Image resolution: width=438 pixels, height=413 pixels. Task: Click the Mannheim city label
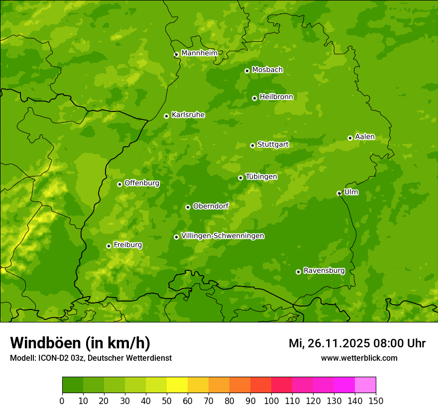pos(199,53)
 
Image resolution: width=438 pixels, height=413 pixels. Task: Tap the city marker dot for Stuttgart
pos(252,145)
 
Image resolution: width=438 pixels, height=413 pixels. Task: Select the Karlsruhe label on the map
pos(188,114)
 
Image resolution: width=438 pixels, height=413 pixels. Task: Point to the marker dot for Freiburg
pos(109,246)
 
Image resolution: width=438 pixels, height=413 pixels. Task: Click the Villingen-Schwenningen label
pos(222,235)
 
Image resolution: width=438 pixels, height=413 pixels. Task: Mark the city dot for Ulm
pos(339,193)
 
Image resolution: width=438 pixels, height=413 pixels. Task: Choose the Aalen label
pos(364,136)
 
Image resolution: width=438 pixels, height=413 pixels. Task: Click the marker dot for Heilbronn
pos(254,98)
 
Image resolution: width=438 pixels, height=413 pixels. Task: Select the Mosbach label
pos(267,70)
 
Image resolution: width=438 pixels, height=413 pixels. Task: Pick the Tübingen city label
pos(261,176)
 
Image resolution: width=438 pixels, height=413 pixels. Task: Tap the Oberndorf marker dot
pos(188,207)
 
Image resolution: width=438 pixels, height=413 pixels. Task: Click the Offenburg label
pos(141,183)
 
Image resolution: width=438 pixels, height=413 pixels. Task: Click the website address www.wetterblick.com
pos(359,358)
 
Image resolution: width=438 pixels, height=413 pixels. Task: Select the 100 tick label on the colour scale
pos(271,401)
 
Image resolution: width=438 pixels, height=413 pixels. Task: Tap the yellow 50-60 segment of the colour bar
pos(177,385)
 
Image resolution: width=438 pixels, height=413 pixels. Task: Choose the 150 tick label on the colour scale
pos(375,401)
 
